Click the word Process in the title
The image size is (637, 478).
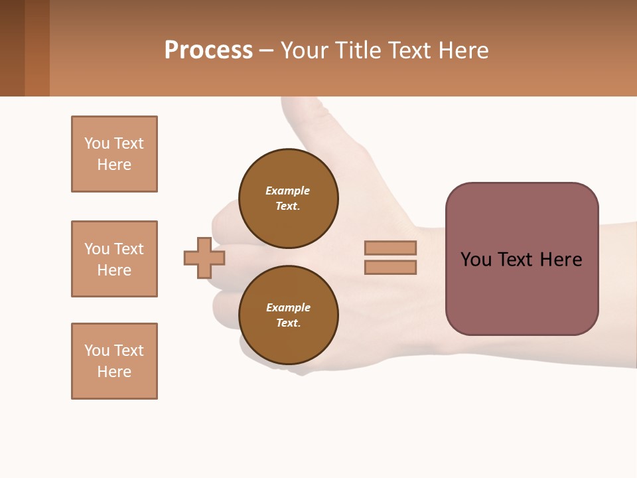(208, 50)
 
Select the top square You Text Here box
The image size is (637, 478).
(114, 154)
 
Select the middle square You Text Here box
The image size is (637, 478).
(114, 259)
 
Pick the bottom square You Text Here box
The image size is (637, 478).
(114, 361)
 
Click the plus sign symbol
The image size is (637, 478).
(204, 258)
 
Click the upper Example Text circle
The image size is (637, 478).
(288, 199)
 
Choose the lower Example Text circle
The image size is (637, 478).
(288, 315)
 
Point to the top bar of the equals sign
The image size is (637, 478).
(390, 248)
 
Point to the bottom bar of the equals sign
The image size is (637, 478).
(390, 268)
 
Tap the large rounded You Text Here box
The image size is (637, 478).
(522, 259)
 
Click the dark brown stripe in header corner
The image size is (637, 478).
(12, 48)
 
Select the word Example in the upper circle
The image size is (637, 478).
(287, 191)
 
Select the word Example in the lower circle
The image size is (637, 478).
(288, 307)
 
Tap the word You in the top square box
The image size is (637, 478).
(96, 143)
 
